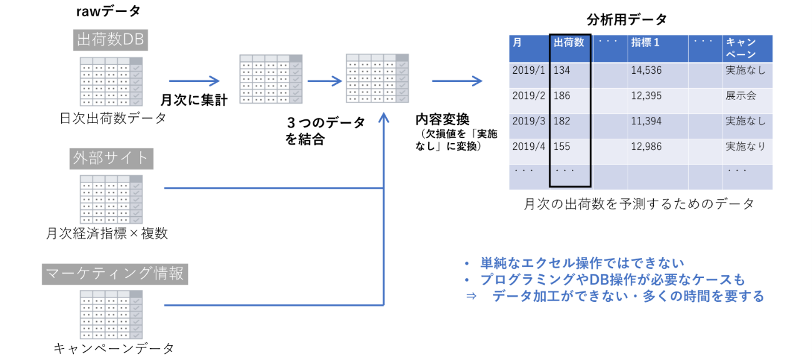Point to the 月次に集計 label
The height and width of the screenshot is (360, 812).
[x=194, y=99]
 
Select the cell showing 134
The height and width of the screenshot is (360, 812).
[x=569, y=70]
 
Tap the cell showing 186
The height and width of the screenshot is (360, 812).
[x=569, y=96]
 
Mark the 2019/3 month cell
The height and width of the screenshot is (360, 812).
[x=529, y=121]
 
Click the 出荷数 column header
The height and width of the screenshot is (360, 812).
[x=569, y=42]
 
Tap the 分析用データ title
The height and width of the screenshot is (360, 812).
[x=627, y=19]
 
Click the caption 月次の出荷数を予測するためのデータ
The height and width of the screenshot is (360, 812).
[x=639, y=204]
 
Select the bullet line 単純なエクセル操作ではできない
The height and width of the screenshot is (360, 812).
[x=581, y=263]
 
